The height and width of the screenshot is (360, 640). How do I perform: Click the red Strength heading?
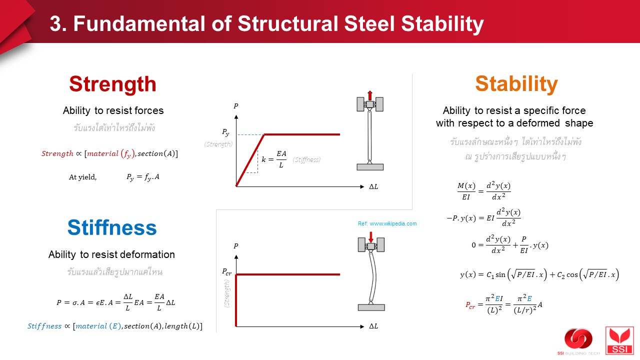[x=112, y=84]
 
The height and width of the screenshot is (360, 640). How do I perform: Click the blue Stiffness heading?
[x=112, y=228]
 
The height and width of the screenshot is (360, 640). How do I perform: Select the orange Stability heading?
[x=516, y=84]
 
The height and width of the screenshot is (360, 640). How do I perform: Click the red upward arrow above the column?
[x=370, y=95]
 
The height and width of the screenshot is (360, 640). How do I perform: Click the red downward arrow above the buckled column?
[x=370, y=236]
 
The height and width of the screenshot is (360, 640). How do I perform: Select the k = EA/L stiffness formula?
[x=274, y=159]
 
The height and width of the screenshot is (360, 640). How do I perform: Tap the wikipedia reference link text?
[x=387, y=223]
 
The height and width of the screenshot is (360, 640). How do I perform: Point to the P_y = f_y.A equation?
[x=142, y=176]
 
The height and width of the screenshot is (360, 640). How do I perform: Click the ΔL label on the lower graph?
[x=373, y=326]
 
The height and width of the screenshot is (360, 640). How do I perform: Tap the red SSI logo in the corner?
[x=619, y=340]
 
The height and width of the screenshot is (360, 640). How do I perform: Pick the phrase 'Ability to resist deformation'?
[x=111, y=254]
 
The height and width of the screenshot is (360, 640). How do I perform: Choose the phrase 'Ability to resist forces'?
[x=113, y=110]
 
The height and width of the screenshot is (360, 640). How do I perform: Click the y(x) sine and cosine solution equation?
[x=539, y=274]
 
